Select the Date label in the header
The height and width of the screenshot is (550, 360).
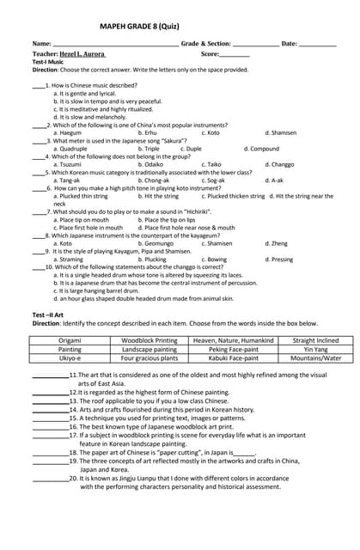point(290,43)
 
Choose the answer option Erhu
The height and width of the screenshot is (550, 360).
point(150,133)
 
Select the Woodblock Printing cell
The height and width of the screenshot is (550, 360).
point(149,341)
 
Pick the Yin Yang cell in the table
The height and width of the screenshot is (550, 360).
point(315,350)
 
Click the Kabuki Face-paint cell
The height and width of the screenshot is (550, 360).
point(233,358)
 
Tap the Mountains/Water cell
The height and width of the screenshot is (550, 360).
point(315,358)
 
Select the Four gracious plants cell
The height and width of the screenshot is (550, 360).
point(149,358)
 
